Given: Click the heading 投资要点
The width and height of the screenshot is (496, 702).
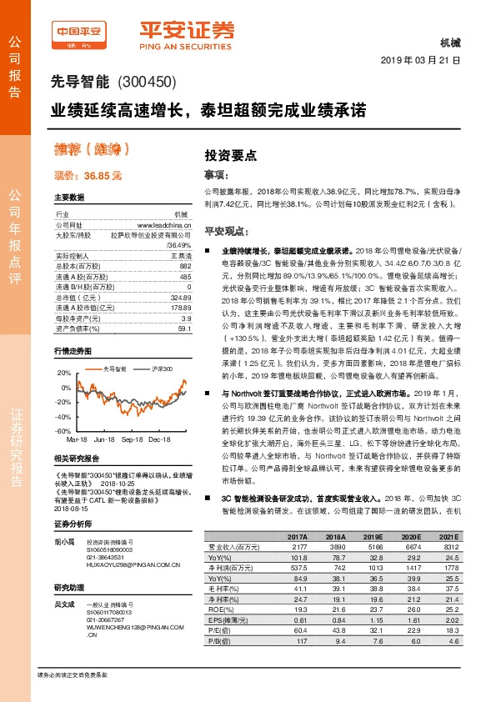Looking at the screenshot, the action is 231,155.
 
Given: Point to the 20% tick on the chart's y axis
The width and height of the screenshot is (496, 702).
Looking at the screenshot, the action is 64,374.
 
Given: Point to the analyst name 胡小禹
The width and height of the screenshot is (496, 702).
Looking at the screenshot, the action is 63,542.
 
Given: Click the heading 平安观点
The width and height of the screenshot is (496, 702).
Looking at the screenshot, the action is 228,229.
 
